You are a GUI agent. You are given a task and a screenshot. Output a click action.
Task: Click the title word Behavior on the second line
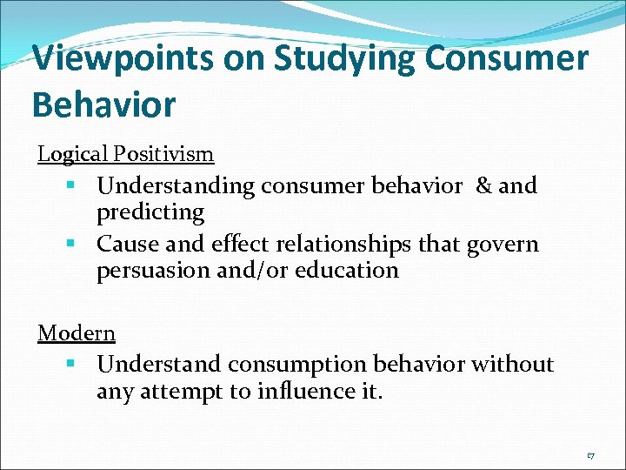point(103,105)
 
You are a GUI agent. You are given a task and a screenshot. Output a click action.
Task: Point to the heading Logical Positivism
point(125,155)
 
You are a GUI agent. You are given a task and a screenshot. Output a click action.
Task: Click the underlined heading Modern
point(77,332)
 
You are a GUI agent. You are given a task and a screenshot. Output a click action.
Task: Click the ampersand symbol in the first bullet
point(483,185)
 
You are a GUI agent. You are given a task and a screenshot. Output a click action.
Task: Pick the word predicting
point(150,212)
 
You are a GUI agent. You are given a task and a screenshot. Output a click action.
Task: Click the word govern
point(503,245)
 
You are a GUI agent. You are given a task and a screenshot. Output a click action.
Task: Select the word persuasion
point(150,271)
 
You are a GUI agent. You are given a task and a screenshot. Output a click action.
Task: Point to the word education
point(347,271)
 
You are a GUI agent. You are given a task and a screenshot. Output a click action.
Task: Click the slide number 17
point(590,455)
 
